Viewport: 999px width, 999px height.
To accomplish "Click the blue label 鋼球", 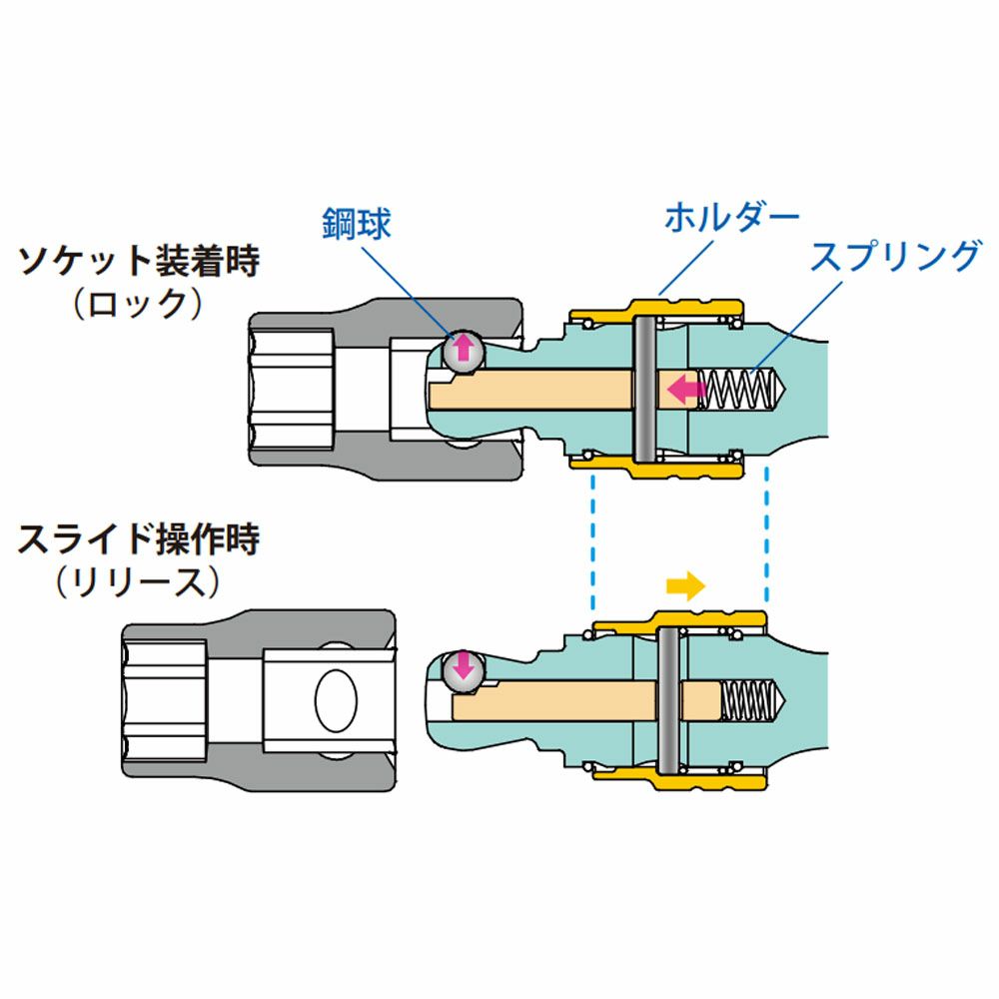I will tap(356, 223).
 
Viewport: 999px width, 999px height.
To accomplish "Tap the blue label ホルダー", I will tap(732, 216).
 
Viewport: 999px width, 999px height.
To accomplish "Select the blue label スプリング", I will tap(895, 257).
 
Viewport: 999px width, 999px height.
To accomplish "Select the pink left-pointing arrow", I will tap(684, 388).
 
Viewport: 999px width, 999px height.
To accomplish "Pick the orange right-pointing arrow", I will tap(684, 585).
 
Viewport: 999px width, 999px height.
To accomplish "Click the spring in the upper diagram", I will tap(740, 389).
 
